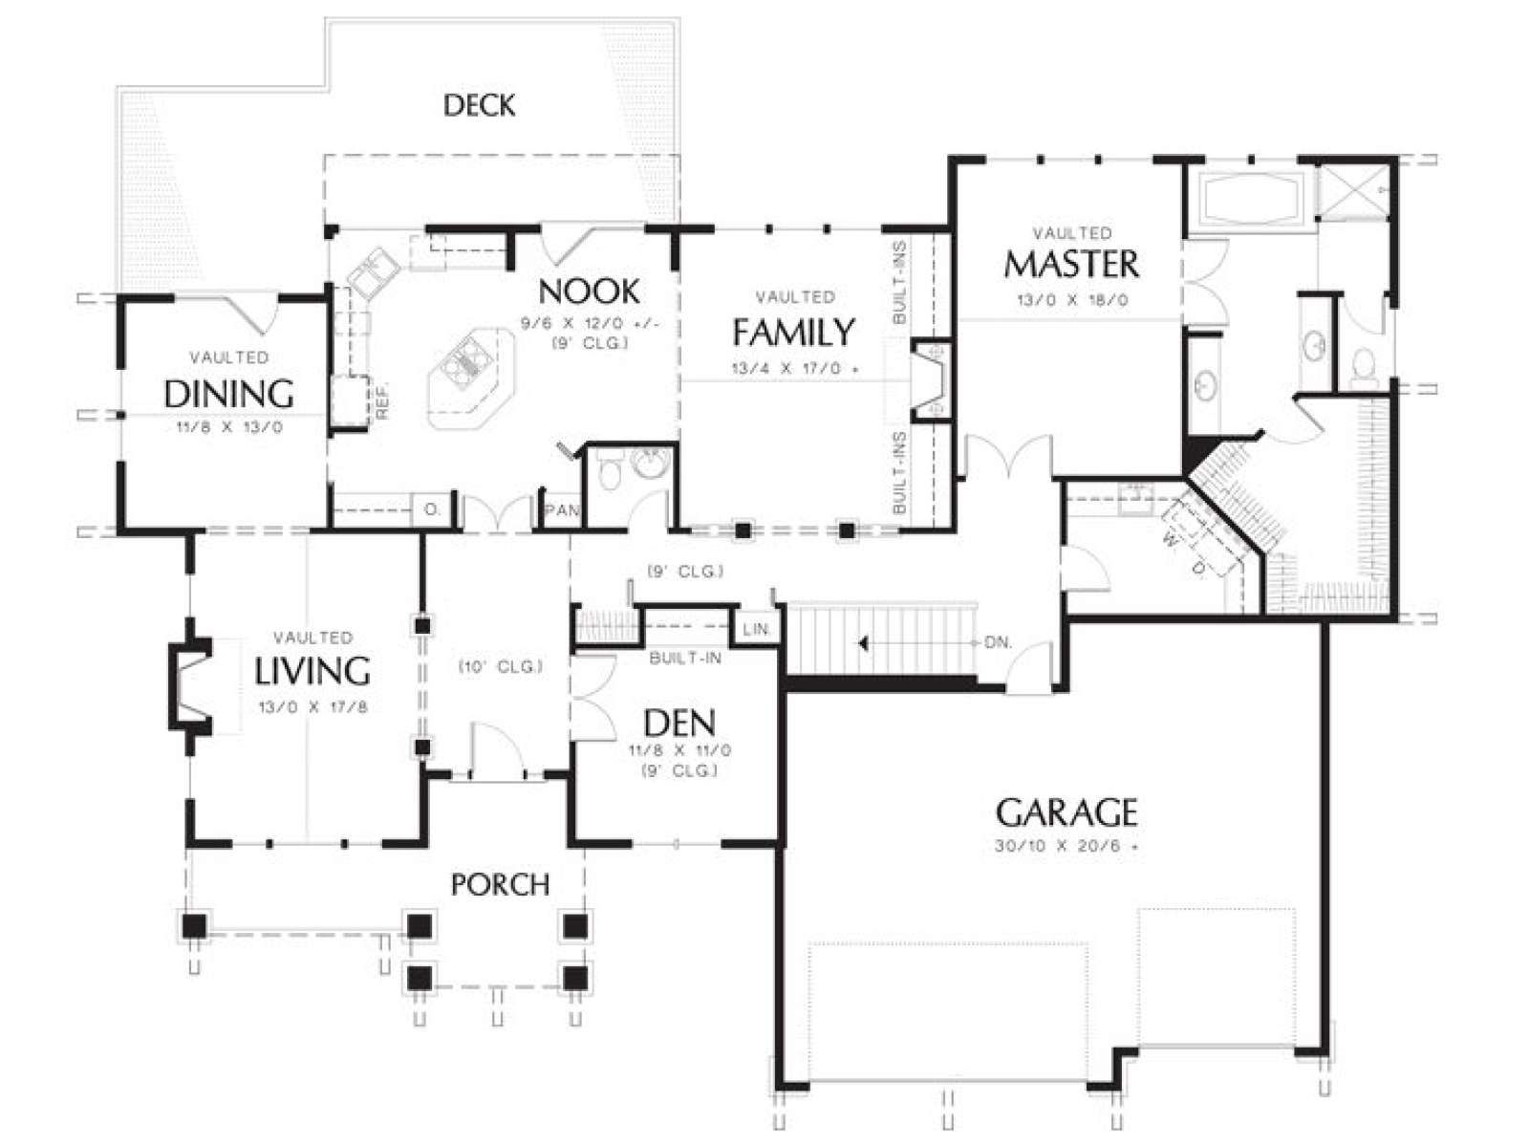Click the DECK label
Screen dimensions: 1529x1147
click(x=480, y=106)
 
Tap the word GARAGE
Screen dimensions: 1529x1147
click(x=1066, y=812)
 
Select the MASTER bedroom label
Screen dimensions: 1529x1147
click(x=1071, y=264)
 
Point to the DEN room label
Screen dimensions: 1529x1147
click(x=679, y=724)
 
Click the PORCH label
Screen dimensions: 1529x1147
click(x=500, y=884)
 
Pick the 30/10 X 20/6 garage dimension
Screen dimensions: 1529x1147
click(x=1066, y=848)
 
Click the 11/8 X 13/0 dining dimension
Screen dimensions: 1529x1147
click(x=229, y=427)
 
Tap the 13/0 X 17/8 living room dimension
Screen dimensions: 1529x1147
click(x=312, y=707)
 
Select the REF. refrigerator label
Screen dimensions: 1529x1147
click(x=381, y=401)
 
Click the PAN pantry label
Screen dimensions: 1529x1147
click(x=562, y=510)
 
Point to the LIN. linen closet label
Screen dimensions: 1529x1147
click(x=757, y=630)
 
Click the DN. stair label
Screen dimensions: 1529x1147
click(x=999, y=642)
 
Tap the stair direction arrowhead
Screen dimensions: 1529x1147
click(x=863, y=643)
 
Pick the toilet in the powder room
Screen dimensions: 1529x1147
click(x=611, y=471)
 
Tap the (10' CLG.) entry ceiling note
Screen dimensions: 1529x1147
click(x=500, y=666)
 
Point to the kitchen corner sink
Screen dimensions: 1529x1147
click(x=373, y=271)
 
